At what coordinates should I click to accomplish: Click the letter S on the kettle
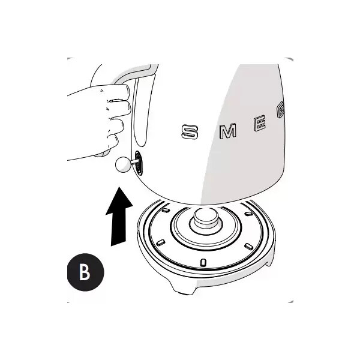click(x=190, y=131)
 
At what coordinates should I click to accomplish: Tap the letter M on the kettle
click(x=228, y=131)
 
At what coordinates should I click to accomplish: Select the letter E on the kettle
click(x=260, y=123)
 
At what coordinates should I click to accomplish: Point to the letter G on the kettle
click(x=281, y=110)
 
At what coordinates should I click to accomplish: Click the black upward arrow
click(x=119, y=217)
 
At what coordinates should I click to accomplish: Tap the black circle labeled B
click(x=85, y=272)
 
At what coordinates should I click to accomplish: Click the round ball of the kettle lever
click(x=123, y=164)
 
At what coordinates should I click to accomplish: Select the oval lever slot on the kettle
click(x=138, y=163)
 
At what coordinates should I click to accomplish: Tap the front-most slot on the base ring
click(x=203, y=262)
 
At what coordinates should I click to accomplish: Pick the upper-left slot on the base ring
click(x=166, y=210)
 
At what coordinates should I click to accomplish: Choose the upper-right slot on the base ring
click(x=248, y=214)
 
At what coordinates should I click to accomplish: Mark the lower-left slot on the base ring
click(x=160, y=242)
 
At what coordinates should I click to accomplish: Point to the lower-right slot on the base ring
click(x=249, y=247)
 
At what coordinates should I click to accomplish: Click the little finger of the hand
click(x=113, y=142)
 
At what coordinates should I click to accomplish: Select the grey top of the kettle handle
click(x=135, y=73)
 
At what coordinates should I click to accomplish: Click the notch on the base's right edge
click(x=269, y=262)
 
